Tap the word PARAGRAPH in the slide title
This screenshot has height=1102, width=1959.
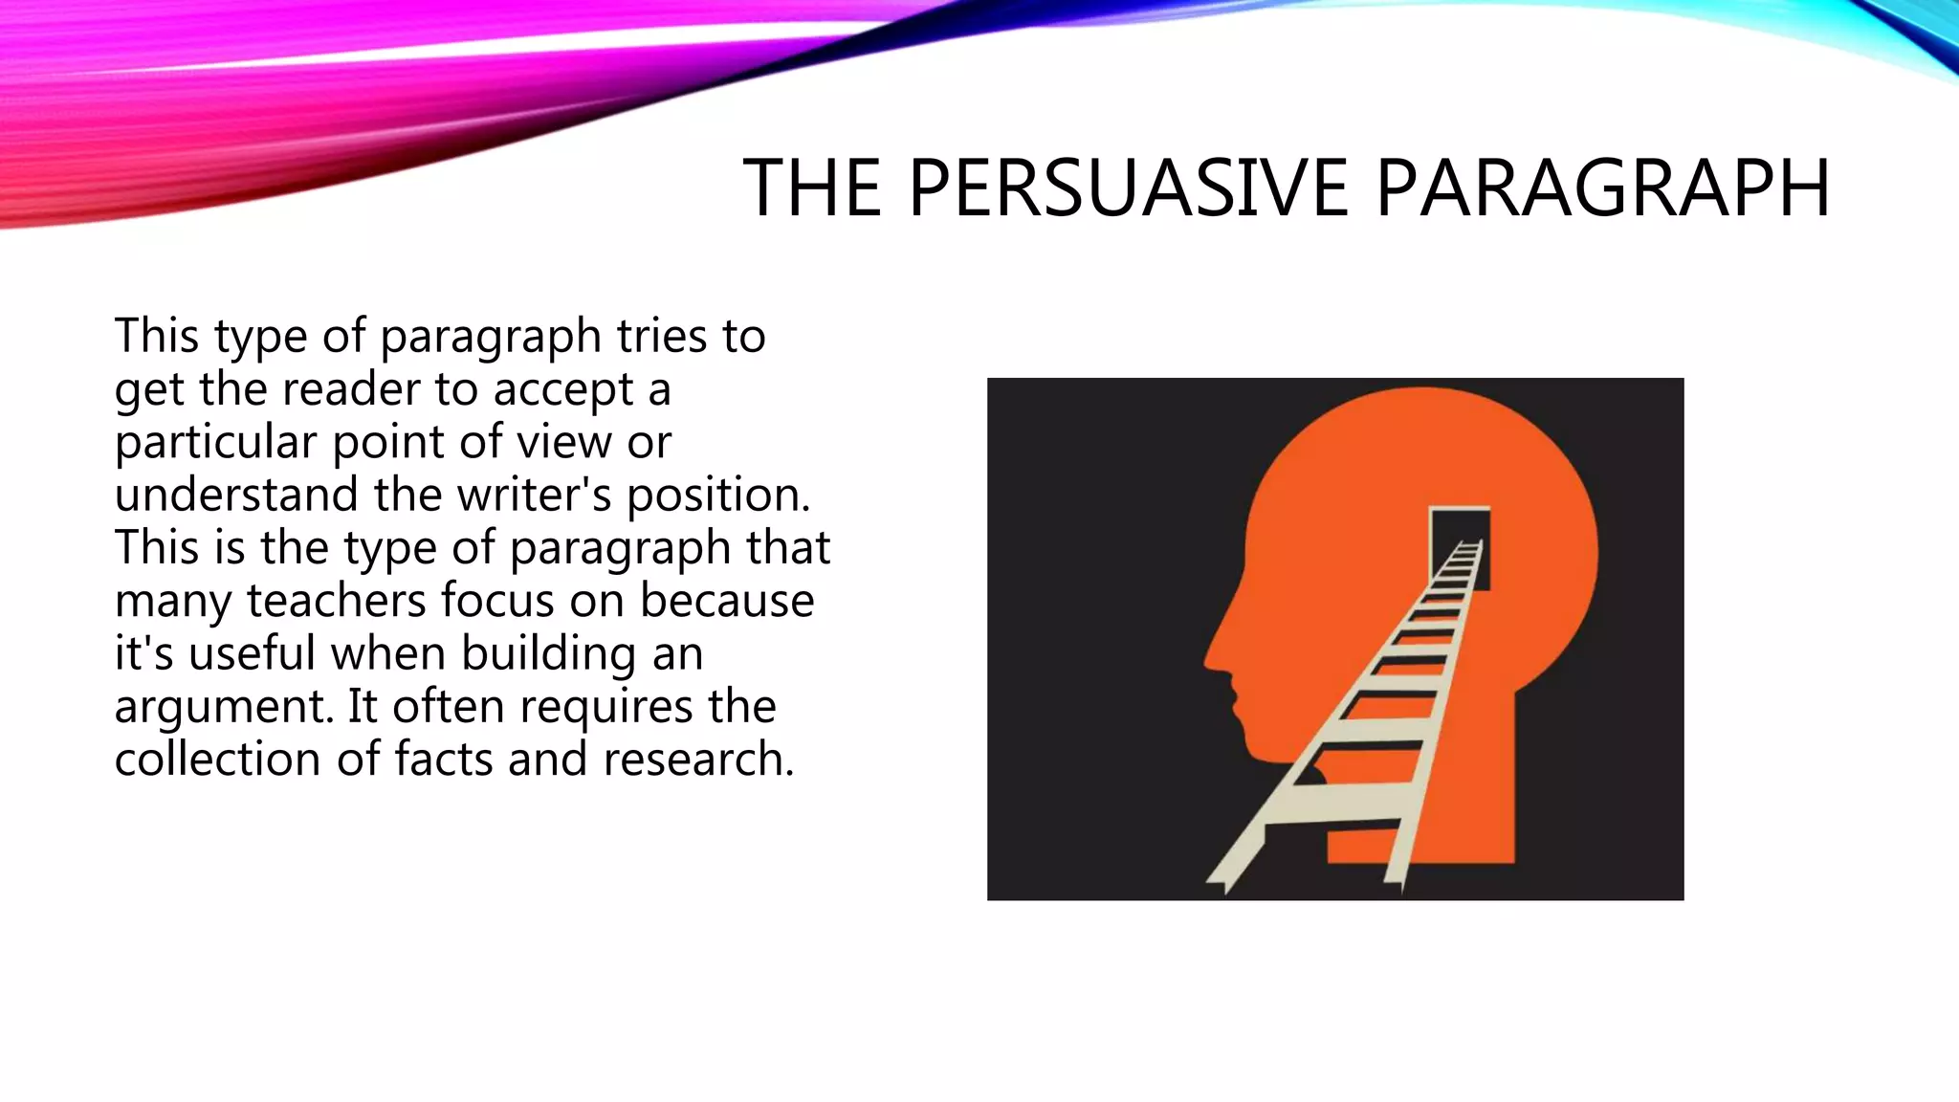[x=1602, y=188]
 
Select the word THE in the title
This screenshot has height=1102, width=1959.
[x=812, y=188]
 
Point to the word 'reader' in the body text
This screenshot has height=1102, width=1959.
[x=351, y=389]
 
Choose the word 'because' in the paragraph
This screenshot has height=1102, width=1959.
[x=727, y=601]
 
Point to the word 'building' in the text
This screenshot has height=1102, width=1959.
[x=548, y=654]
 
